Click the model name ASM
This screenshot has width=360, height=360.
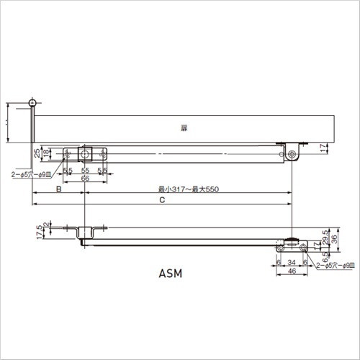(x=171, y=274)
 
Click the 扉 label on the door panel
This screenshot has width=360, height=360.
(x=184, y=127)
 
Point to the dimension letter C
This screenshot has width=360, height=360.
(x=162, y=202)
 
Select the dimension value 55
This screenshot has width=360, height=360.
(x=85, y=171)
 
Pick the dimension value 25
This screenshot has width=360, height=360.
(x=38, y=153)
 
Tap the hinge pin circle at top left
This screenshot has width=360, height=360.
(x=32, y=102)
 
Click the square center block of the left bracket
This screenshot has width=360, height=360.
(x=86, y=154)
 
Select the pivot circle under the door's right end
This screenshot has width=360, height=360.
(x=291, y=155)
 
